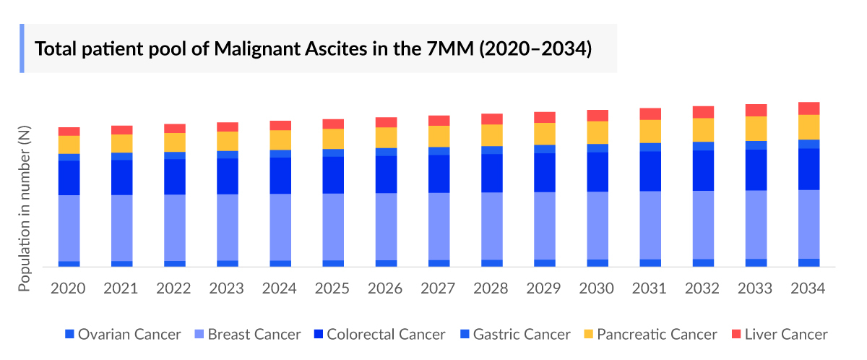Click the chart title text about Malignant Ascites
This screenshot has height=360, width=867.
(x=314, y=49)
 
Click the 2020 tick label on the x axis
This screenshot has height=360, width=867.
(x=69, y=288)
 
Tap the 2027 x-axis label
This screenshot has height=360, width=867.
(x=439, y=288)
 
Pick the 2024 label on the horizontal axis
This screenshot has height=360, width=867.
(x=280, y=288)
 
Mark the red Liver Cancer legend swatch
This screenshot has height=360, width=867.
(x=737, y=334)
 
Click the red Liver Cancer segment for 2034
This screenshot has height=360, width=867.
(x=808, y=108)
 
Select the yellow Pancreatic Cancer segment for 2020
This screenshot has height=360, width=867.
(x=69, y=145)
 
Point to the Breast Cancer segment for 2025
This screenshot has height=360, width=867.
(x=333, y=226)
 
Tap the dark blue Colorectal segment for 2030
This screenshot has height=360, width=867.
(x=598, y=171)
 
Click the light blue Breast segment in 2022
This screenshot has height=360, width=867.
(x=175, y=227)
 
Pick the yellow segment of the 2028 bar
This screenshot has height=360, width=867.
(x=492, y=135)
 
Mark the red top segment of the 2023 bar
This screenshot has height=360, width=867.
(x=228, y=127)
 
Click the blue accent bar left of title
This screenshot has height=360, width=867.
(x=22, y=48)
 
